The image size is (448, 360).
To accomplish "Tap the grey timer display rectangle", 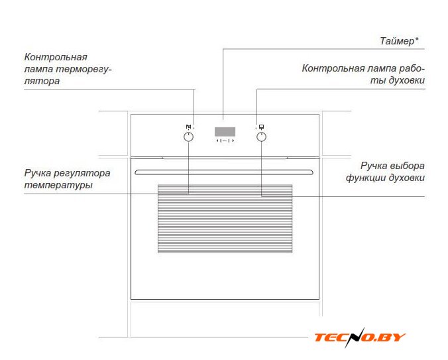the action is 225,132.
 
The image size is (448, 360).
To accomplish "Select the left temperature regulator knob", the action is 188,137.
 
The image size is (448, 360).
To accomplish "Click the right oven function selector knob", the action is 261,137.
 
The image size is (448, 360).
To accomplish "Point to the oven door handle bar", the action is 224,172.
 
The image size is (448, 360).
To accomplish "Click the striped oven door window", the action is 225,219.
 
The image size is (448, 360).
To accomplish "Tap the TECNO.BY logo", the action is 360,337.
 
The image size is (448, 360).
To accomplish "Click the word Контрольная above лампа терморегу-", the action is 56,57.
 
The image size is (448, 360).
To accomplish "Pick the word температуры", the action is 58,185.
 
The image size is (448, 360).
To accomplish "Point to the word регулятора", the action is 82,173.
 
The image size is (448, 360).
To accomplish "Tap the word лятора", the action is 42,81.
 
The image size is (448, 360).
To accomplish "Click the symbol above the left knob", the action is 188,127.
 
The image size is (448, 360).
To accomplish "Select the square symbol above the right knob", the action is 261,127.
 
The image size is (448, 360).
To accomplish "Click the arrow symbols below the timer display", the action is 225,141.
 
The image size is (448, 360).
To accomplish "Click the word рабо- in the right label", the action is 412,68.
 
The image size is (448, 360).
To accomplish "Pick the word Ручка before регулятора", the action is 37,173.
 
